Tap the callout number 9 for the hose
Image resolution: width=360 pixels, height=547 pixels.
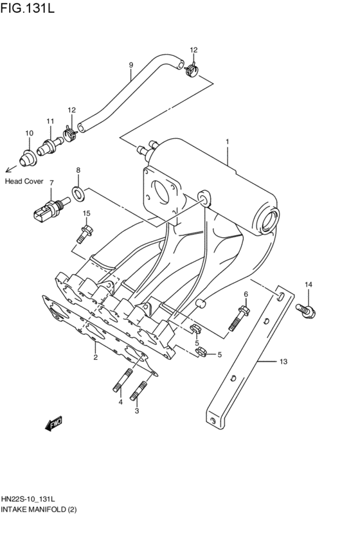pyautogui.click(x=131, y=65)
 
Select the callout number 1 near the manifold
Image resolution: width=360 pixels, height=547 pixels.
pyautogui.click(x=227, y=141)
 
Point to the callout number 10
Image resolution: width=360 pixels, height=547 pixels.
pyautogui.click(x=28, y=133)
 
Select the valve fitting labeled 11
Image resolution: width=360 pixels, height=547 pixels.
pyautogui.click(x=49, y=145)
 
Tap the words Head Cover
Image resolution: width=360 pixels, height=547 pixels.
pyautogui.click(x=24, y=181)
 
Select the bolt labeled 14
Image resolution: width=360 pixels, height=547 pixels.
pyautogui.click(x=307, y=310)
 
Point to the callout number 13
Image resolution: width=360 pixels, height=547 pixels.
pyautogui.click(x=282, y=362)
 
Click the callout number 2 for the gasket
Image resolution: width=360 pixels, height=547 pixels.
pyautogui.click(x=95, y=357)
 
